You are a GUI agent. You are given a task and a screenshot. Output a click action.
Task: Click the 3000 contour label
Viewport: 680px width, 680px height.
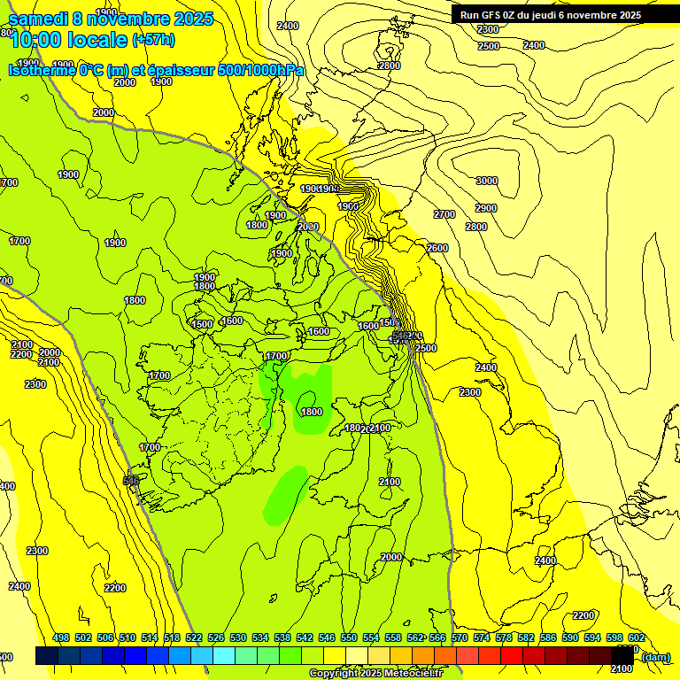(487, 181)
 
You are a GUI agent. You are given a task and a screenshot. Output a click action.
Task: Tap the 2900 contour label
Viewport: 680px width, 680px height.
(486, 208)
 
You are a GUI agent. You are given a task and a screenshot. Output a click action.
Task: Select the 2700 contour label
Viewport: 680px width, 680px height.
(444, 215)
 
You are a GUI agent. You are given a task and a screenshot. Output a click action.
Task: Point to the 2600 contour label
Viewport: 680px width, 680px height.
(437, 248)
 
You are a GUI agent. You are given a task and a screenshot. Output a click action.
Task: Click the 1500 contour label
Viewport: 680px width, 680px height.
(202, 325)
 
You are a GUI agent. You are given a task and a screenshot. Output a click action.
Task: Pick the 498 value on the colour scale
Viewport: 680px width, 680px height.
(61, 638)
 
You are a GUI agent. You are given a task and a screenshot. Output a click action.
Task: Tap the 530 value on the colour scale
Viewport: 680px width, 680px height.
(238, 638)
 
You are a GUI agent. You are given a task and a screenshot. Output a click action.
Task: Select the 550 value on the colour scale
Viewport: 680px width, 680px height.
(349, 638)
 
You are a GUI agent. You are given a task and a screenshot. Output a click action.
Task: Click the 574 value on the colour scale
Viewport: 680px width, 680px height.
(482, 638)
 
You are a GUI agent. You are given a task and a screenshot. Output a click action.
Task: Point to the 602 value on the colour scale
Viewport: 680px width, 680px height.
(637, 638)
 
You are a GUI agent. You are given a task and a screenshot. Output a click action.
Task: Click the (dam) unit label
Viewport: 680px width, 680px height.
(655, 657)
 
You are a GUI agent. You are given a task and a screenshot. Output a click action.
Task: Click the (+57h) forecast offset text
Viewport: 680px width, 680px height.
(153, 40)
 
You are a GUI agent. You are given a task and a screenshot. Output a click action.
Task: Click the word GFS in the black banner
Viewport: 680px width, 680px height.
(491, 15)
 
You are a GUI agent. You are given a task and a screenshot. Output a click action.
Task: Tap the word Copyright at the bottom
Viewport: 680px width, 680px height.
(333, 674)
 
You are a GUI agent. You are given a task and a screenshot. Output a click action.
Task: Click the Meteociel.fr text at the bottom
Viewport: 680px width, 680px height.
(413, 674)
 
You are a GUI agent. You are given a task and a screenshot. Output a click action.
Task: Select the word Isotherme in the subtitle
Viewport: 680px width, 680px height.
(41, 70)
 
